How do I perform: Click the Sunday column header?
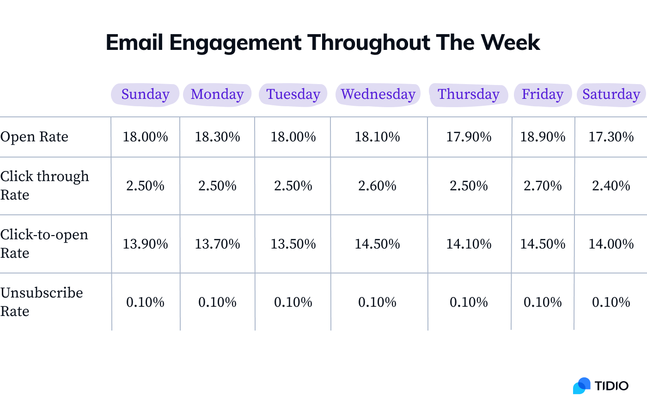(x=145, y=94)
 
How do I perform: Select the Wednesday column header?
(x=378, y=94)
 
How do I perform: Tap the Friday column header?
(x=542, y=94)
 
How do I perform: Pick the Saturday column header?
(x=611, y=94)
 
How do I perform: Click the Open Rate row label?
(x=34, y=137)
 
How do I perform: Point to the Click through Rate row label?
(x=44, y=185)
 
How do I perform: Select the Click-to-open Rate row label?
(x=44, y=243)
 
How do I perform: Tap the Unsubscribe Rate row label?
(x=42, y=302)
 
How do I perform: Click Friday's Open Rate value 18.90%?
(x=543, y=137)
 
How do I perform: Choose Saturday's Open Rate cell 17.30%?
(x=611, y=137)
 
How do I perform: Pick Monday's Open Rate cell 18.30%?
(x=217, y=137)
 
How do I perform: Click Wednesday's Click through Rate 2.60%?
(x=377, y=186)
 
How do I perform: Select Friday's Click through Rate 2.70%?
(x=543, y=186)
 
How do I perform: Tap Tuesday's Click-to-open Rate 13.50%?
(x=293, y=244)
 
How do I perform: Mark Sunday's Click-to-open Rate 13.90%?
(x=145, y=244)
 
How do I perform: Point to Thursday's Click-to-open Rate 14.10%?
(x=469, y=244)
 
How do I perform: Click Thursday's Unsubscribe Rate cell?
(x=469, y=302)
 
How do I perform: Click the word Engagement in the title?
(x=235, y=43)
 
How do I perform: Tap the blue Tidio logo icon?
(x=582, y=386)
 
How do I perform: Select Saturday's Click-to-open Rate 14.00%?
(x=611, y=244)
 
